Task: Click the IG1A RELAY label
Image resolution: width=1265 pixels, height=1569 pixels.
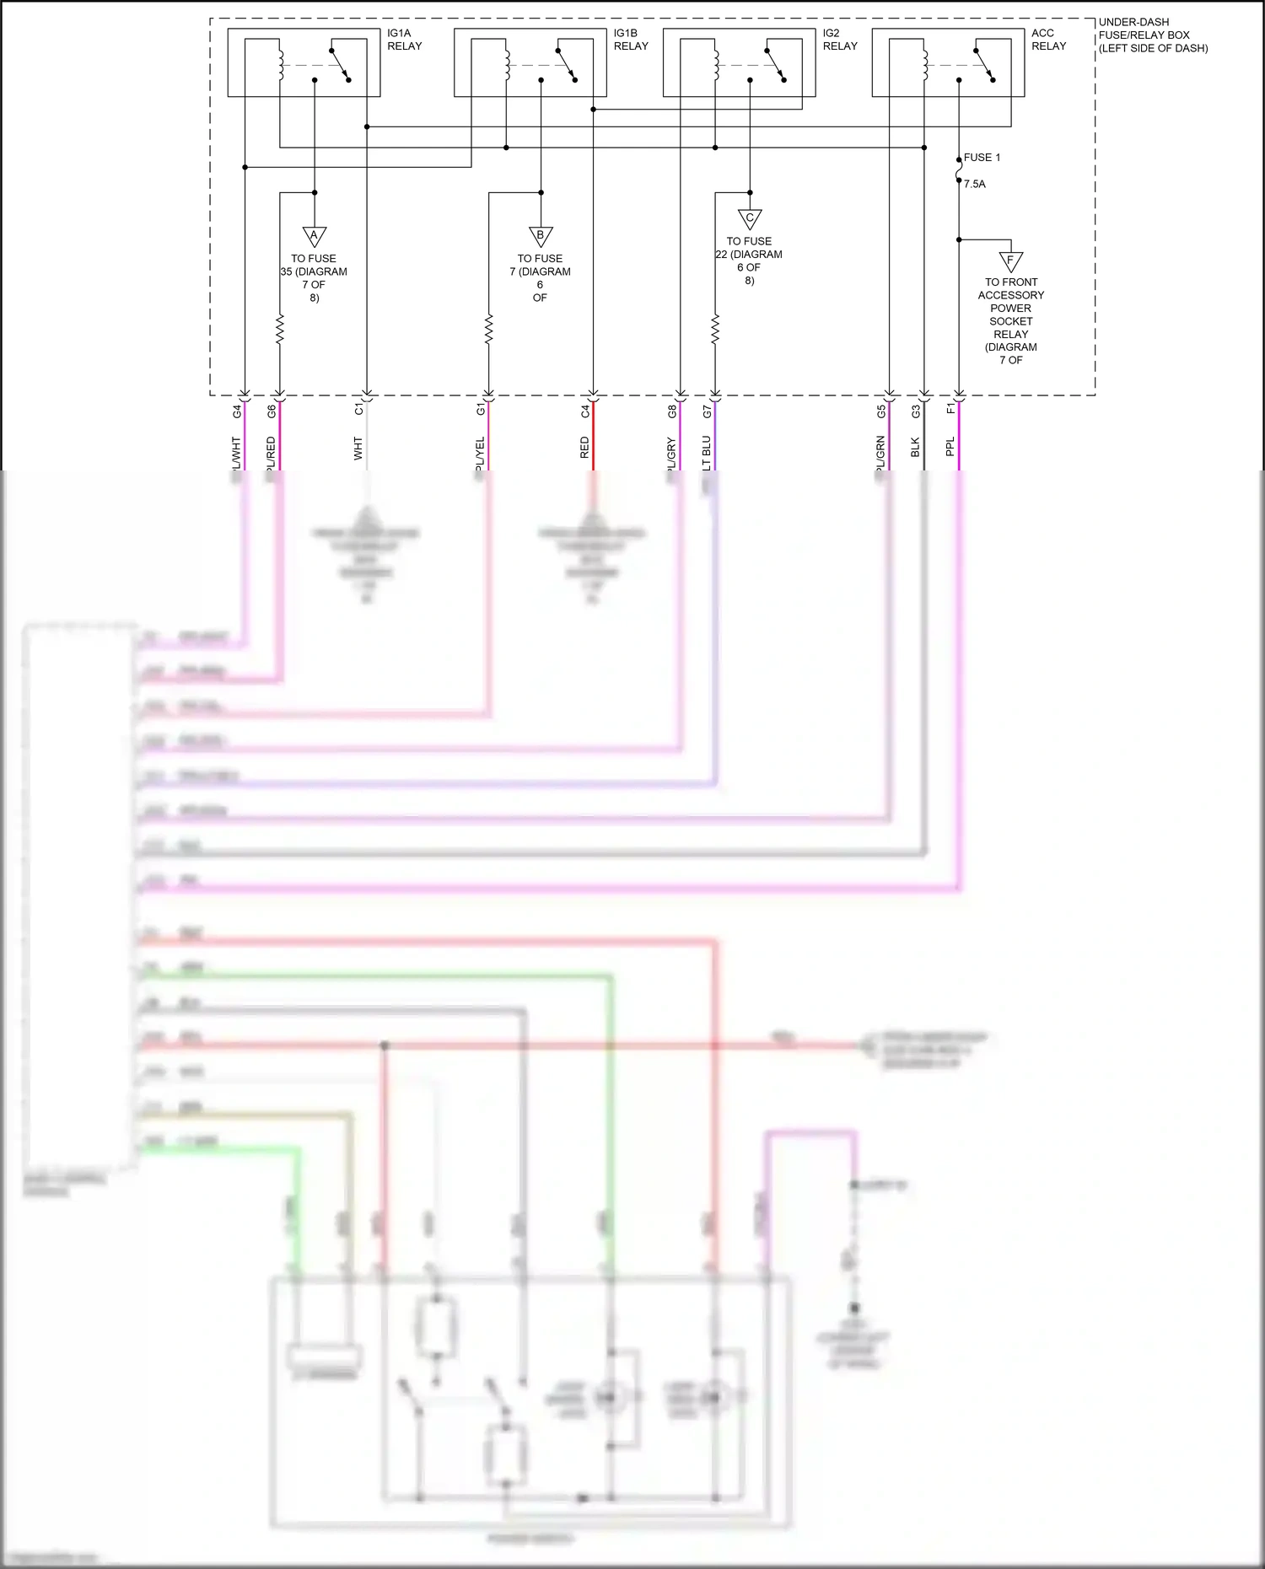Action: point(404,40)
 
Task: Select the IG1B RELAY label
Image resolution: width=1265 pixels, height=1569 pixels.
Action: point(631,40)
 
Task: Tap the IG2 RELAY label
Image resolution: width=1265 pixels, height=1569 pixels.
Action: point(840,40)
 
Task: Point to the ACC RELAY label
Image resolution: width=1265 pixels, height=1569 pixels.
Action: point(1048,40)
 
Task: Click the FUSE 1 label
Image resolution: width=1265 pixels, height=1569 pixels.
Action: point(982,158)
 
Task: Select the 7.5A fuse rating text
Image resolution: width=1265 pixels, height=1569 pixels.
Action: point(975,184)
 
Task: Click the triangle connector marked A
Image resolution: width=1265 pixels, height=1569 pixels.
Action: point(315,236)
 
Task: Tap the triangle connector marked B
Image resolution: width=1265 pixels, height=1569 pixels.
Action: point(541,236)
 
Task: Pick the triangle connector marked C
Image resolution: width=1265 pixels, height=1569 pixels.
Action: point(750,218)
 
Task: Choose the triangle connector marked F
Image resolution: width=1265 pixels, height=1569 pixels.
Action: point(1010,261)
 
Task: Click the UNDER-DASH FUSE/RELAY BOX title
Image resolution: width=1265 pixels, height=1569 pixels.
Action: point(1152,35)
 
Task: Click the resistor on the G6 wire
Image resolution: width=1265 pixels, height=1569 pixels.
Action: point(280,329)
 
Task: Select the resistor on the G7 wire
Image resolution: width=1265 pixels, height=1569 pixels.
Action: point(715,329)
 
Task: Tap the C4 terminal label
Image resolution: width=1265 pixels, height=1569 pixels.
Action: point(585,411)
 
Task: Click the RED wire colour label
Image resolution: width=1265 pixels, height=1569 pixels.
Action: point(584,448)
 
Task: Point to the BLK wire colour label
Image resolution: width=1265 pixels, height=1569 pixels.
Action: point(916,448)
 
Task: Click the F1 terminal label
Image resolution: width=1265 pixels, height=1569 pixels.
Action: point(951,409)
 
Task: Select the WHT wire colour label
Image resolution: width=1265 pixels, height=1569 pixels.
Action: point(358,448)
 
